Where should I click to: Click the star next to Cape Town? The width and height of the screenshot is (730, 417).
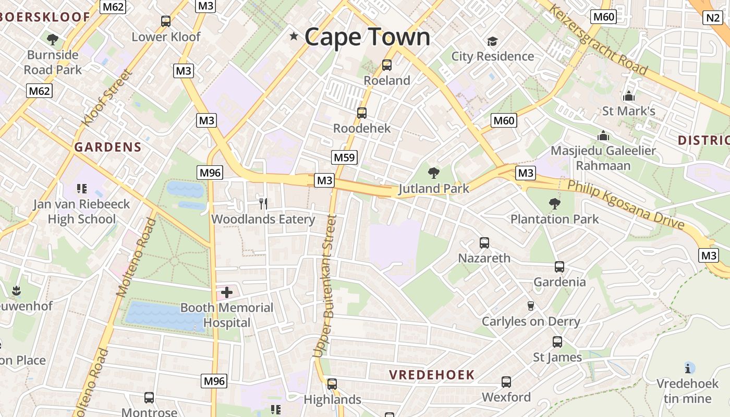pos(294,36)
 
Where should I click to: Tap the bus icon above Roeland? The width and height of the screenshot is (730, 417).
pos(386,65)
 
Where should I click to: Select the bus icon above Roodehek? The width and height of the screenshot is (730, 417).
pos(361,113)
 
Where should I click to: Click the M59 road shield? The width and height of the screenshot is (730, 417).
pos(344,157)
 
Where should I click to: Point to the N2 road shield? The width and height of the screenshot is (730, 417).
pos(712,18)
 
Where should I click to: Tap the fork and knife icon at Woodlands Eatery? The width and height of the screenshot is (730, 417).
pos(263,203)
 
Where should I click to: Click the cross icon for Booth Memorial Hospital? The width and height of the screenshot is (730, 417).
pos(227,292)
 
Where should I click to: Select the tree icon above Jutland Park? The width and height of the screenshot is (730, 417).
pos(433,173)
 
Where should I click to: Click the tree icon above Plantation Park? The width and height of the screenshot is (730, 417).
pos(554,203)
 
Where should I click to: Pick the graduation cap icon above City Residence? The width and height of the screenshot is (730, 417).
pos(492,41)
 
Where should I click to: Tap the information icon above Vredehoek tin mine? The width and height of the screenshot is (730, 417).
pos(688,368)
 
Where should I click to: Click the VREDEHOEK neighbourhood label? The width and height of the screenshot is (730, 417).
pos(432,374)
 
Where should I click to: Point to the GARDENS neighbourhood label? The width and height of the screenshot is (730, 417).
pos(107,147)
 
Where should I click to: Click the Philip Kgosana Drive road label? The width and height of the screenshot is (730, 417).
pos(626,204)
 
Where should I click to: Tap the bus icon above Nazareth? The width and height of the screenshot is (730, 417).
pos(484,242)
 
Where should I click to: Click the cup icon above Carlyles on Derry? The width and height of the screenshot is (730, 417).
pos(531,305)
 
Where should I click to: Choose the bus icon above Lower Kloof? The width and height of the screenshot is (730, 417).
pos(166,21)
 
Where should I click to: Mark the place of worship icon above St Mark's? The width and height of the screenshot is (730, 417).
pos(628,96)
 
